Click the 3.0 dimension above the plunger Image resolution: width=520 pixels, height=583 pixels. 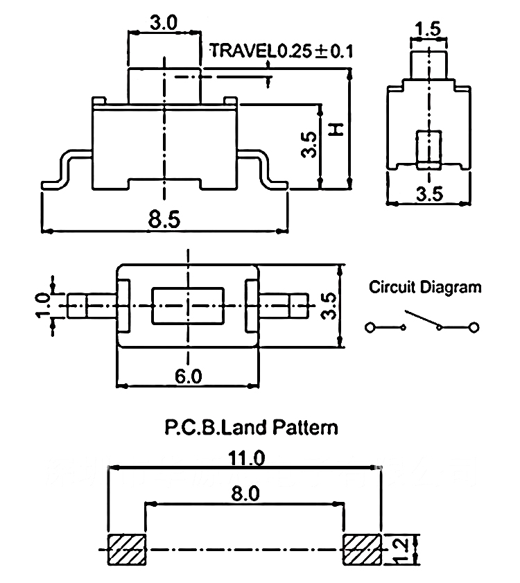pos(164,23)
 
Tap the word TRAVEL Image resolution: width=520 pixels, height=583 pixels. pos(242,51)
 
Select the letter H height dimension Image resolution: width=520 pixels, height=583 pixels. pos(336,130)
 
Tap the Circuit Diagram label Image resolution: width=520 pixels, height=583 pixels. pos(424,286)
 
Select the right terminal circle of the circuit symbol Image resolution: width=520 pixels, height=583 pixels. pos(474,327)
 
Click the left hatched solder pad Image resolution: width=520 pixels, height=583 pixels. pos(125,550)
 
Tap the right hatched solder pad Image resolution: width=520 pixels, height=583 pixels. pos(361,550)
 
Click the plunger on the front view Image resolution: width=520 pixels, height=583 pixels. pos(164,83)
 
